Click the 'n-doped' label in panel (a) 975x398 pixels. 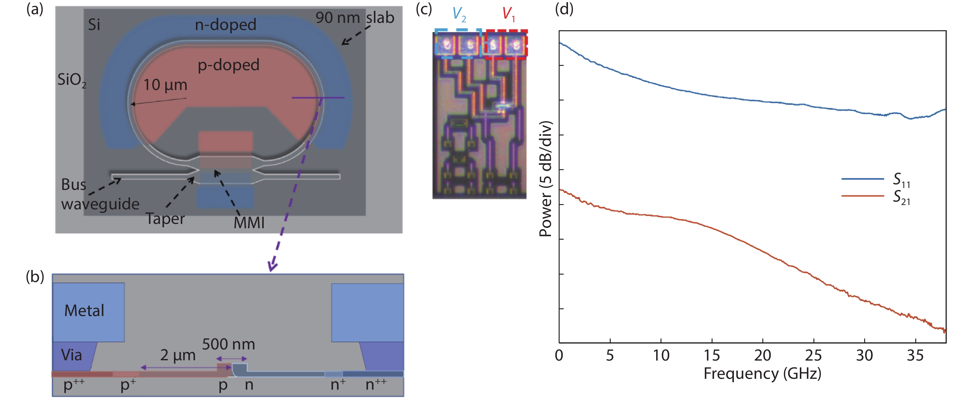(x=225, y=25)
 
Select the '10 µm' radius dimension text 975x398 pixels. (x=165, y=85)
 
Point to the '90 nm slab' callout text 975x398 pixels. (x=355, y=18)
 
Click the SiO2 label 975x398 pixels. (x=71, y=80)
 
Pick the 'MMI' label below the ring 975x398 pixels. (x=249, y=223)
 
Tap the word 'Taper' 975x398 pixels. (x=165, y=219)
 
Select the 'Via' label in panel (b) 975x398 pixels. (x=71, y=355)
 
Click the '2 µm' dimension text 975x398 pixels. (x=178, y=355)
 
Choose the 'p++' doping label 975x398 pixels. (x=74, y=384)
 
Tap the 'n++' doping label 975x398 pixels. (x=376, y=384)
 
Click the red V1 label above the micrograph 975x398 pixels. (x=508, y=14)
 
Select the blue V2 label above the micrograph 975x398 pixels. (x=459, y=14)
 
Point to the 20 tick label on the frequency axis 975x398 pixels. (x=762, y=356)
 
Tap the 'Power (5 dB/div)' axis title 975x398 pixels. (x=545, y=178)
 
